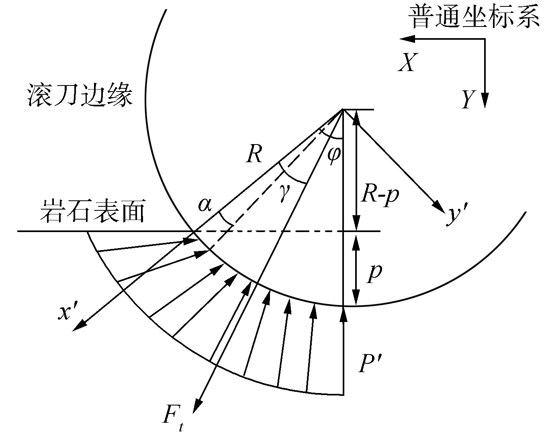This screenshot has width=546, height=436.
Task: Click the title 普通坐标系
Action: [474, 18]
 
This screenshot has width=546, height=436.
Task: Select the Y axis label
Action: [468, 99]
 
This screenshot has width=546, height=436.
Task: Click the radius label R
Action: [254, 154]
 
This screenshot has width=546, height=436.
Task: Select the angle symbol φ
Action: [333, 153]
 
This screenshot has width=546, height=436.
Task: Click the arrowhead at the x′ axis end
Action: [78, 326]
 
